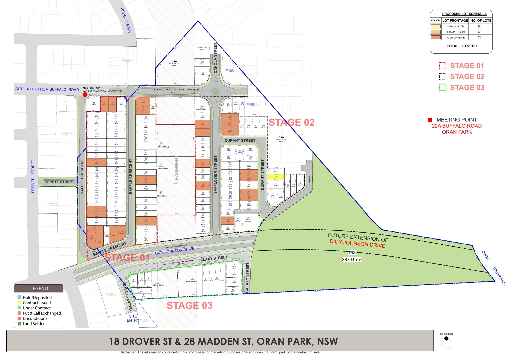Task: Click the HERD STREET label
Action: tap(126, 20)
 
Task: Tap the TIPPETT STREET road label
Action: tap(59, 182)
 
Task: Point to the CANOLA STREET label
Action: tap(215, 58)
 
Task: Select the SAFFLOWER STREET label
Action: tap(215, 174)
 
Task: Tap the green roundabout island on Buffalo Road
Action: tap(216, 91)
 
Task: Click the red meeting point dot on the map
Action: tap(85, 95)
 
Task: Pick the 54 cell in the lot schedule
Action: tap(479, 26)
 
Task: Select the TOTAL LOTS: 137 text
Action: tap(462, 46)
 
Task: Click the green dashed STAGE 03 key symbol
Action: tap(442, 87)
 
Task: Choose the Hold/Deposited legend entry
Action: tap(37, 297)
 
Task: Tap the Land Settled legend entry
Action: tap(34, 323)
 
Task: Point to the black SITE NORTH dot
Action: tap(446, 338)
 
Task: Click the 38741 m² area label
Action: tap(352, 259)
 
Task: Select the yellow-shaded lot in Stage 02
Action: tap(276, 177)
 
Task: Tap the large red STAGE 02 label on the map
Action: tap(292, 123)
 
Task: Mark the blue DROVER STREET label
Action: tap(33, 176)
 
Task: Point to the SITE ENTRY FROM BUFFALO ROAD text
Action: tap(47, 89)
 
